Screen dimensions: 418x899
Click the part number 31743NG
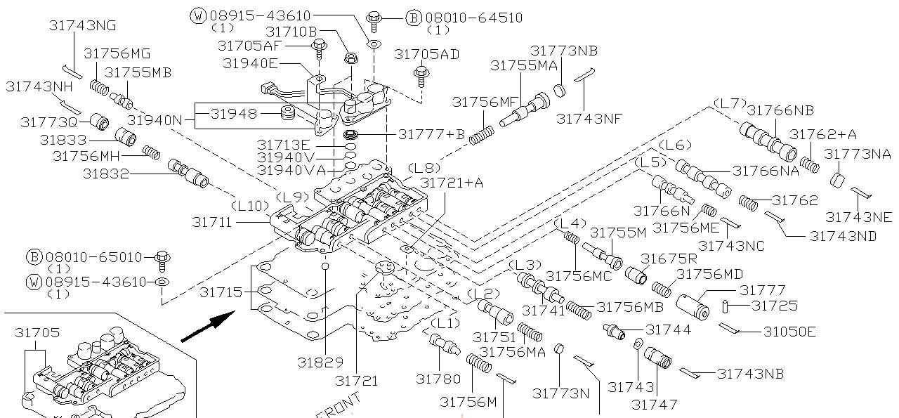click(82, 26)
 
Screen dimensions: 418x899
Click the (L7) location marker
click(729, 103)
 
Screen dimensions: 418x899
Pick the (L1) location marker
click(444, 324)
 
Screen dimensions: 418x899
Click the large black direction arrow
click(208, 328)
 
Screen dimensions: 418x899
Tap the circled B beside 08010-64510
click(413, 17)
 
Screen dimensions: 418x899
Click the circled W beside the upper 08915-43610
click(199, 16)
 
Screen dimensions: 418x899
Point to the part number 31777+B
click(431, 134)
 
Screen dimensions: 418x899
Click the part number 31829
click(320, 363)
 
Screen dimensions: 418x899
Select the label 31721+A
click(452, 183)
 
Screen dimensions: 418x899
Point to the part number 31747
click(655, 404)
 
